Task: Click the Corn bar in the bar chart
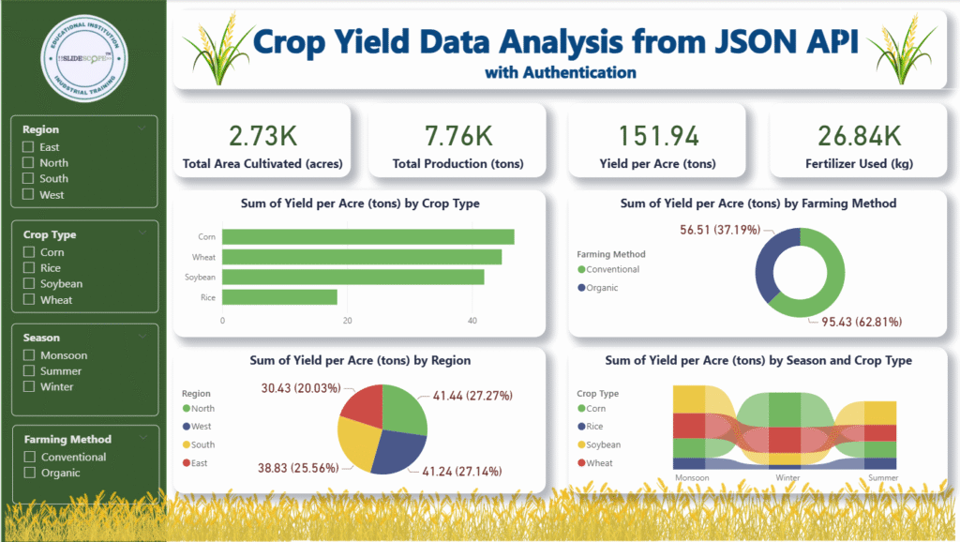367,237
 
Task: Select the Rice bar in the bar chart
279,297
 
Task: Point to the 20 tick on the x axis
348,321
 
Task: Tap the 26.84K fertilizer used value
860,136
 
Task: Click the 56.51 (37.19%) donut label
719,227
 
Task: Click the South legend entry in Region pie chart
202,444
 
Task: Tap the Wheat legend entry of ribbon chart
599,462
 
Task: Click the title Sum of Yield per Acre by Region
360,360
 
